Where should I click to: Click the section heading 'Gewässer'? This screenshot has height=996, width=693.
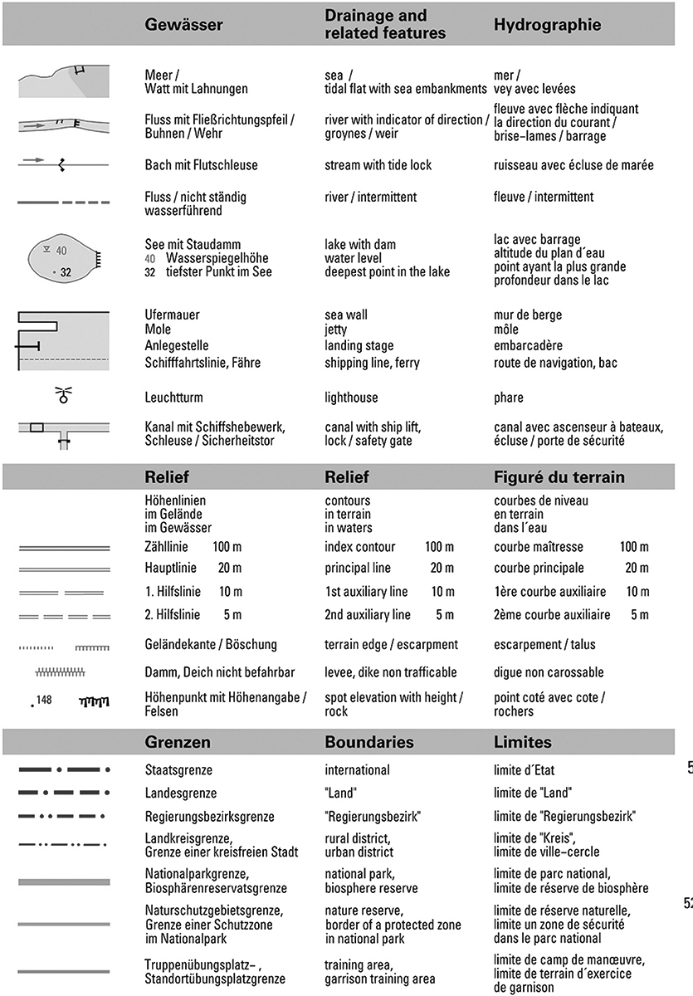point(183,25)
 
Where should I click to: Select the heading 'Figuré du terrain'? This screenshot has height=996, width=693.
point(559,477)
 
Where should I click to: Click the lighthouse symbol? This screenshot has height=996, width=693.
point(63,396)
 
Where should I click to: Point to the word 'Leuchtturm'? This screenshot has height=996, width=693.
point(173,398)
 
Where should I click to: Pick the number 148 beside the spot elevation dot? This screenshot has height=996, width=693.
point(44,701)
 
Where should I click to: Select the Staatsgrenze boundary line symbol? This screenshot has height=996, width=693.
point(63,770)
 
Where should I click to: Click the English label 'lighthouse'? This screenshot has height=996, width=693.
point(351,398)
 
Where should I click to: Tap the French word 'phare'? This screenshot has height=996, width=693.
point(510,398)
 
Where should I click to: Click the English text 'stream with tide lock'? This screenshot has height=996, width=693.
point(378,165)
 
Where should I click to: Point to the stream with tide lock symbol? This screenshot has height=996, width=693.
point(63,165)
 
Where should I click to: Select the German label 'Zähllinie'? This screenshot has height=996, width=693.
point(166,547)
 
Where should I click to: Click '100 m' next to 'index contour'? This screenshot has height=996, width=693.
point(439,547)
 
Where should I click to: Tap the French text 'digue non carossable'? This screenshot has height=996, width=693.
point(549,672)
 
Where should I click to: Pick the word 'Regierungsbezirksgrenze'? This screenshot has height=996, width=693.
point(209,816)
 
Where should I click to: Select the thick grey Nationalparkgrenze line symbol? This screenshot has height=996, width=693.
point(63,881)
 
